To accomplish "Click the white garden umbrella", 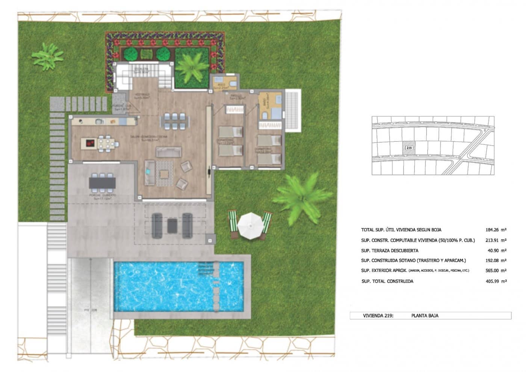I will tap(250, 224).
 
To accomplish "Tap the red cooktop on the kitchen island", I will tap(90, 143).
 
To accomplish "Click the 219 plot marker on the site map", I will tap(409, 148).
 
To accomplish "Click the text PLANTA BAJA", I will tap(425, 316).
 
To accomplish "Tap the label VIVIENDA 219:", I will tap(378, 316).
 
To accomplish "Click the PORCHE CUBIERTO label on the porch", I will tap(103, 196).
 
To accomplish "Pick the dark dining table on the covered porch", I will tap(102, 183).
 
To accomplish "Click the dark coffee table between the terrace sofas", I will tap(172, 225).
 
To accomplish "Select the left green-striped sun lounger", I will tap(233, 225).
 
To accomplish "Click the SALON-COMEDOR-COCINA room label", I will tap(149, 137).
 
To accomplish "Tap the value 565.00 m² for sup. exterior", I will tap(496, 270).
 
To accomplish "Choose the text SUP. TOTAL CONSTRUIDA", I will tap(387, 281).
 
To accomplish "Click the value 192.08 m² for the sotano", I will tap(496, 260).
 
